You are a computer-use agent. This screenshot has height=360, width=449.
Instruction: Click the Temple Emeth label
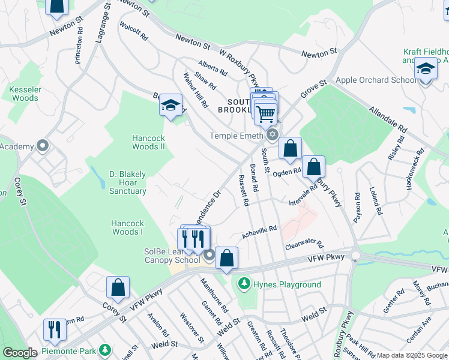[236, 136]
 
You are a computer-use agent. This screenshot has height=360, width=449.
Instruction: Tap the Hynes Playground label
[287, 284]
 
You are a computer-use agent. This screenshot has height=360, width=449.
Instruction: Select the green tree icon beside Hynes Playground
[244, 283]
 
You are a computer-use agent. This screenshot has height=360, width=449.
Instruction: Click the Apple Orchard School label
[372, 80]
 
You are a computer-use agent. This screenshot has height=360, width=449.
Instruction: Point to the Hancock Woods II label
[148, 142]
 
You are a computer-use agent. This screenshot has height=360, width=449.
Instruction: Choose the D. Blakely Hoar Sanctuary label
[127, 182]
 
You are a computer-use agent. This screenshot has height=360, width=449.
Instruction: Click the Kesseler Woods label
[25, 94]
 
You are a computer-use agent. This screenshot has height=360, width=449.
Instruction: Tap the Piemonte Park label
[70, 349]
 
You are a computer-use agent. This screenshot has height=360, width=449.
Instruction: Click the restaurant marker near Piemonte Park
[54, 329]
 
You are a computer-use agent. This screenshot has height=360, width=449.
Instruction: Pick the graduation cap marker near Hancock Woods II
[170, 106]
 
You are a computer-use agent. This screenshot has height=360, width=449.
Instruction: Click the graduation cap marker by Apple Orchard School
[426, 71]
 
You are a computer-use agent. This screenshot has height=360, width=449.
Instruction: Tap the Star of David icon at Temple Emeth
[273, 134]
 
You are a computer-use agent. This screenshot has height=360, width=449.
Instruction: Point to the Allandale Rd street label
[388, 120]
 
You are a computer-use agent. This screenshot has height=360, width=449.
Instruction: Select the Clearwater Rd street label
[304, 245]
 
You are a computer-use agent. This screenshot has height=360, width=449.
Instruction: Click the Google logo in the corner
[20, 353]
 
